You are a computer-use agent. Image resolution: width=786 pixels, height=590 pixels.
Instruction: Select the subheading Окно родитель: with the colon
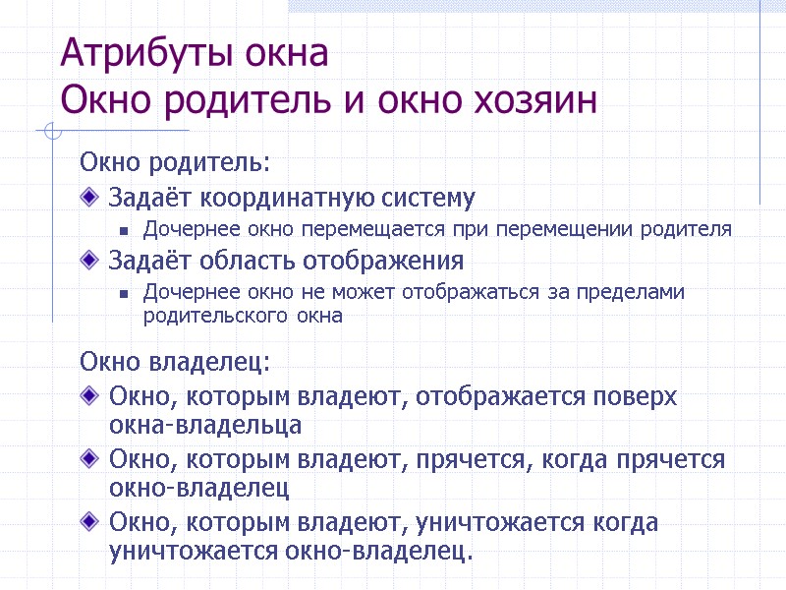tap(174, 160)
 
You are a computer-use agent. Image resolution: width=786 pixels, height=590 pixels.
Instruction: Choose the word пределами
tap(629, 293)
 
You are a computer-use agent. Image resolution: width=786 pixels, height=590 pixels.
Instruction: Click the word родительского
tap(202, 317)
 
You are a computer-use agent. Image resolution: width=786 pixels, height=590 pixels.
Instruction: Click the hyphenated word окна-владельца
tap(205, 425)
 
